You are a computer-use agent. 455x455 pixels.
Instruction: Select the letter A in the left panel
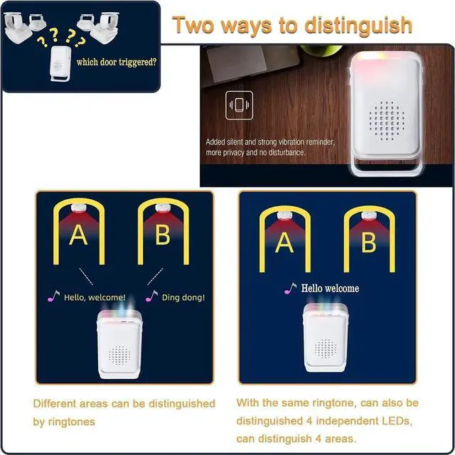(78, 235)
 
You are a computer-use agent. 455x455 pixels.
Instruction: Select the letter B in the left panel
(163, 235)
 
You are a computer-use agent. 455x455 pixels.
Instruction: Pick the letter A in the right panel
(284, 242)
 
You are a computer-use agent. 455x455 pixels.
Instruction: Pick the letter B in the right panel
(368, 242)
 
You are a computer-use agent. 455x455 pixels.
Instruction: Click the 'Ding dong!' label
(183, 297)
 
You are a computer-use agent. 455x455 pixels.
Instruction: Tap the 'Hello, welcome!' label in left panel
(95, 297)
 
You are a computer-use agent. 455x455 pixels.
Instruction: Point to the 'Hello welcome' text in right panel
(330, 289)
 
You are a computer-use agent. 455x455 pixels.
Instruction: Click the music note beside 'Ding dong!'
(151, 296)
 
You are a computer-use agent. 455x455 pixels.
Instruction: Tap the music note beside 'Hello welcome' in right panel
(290, 288)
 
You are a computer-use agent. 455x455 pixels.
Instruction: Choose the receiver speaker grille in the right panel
(326, 348)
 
